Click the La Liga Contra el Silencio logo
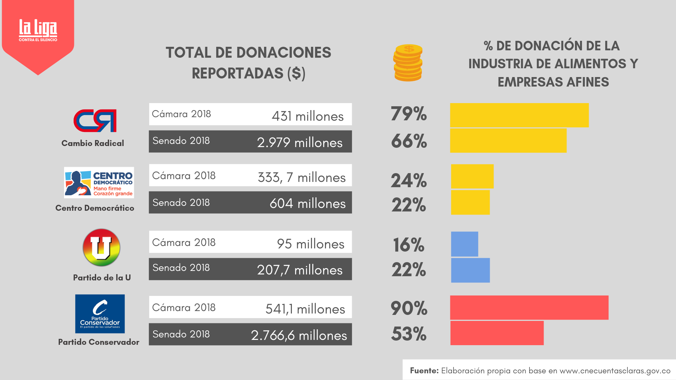click(38, 30)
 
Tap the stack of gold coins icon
click(408, 63)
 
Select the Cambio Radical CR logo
click(95, 121)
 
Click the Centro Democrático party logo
click(99, 182)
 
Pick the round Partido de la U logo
click(101, 247)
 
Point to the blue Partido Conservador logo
click(100, 314)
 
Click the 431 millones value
click(307, 116)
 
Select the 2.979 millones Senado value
click(300, 142)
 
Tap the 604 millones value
click(307, 203)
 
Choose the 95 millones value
click(311, 244)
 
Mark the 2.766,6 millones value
click(299, 335)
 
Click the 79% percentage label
click(409, 114)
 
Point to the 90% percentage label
click(409, 308)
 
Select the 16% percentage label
click(409, 245)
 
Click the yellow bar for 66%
click(508, 140)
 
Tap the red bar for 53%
click(497, 333)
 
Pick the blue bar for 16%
click(464, 244)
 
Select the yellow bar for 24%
click(472, 176)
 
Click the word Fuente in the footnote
click(424, 370)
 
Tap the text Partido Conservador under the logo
click(99, 342)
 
